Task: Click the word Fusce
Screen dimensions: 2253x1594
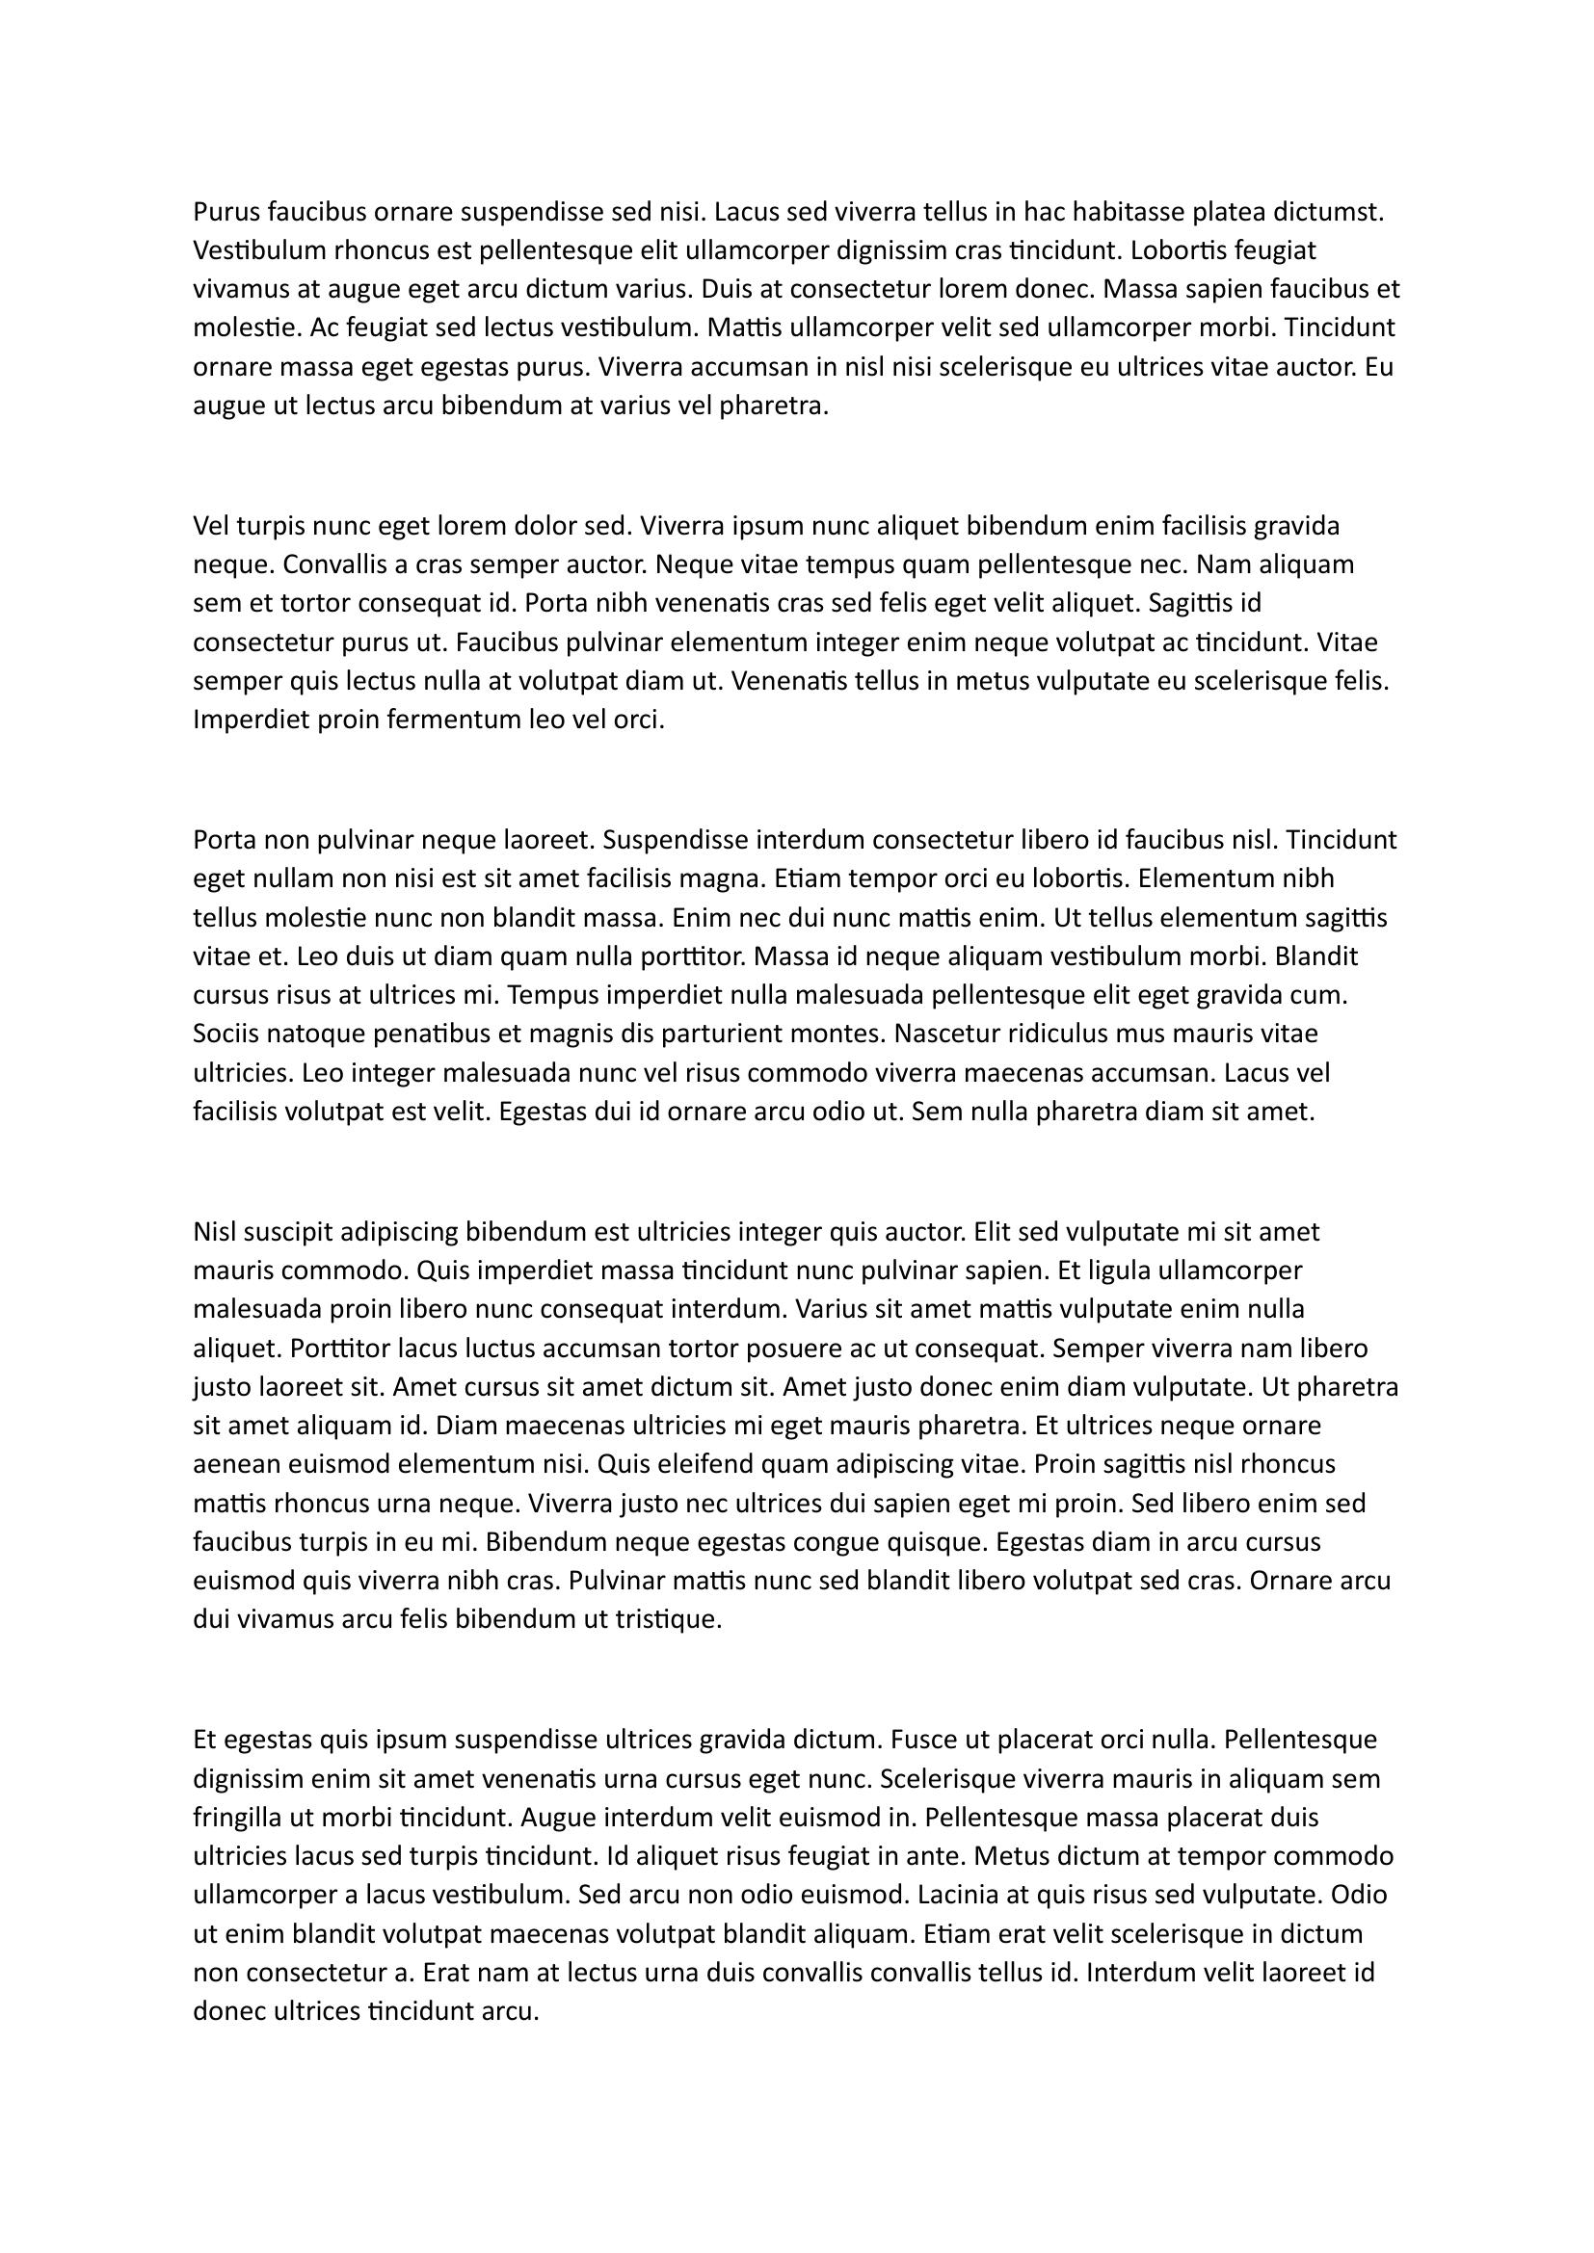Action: [x=924, y=1740]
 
